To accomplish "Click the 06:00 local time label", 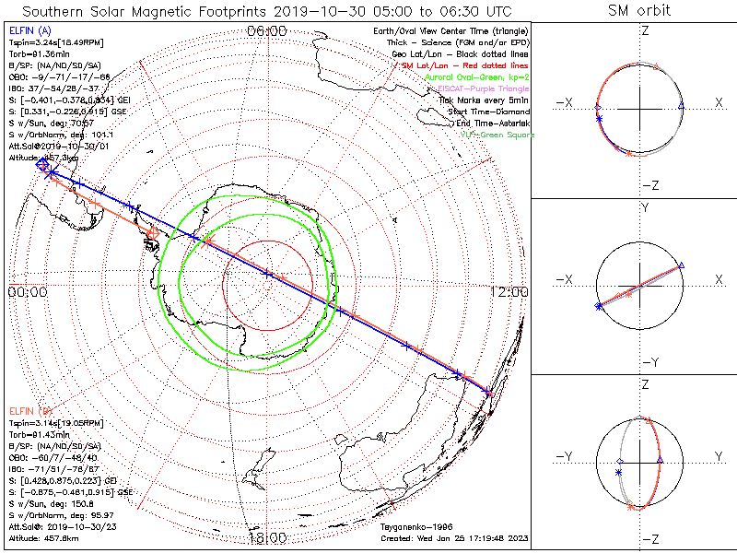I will [267, 31].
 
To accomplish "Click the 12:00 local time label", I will [509, 291].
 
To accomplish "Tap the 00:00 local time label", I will [27, 291].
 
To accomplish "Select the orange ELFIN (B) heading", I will [31, 410].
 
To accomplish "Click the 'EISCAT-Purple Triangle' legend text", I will [485, 88].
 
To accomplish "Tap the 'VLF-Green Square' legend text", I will [497, 135].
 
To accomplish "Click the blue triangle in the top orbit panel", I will [681, 107].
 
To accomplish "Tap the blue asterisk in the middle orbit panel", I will [599, 305].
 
